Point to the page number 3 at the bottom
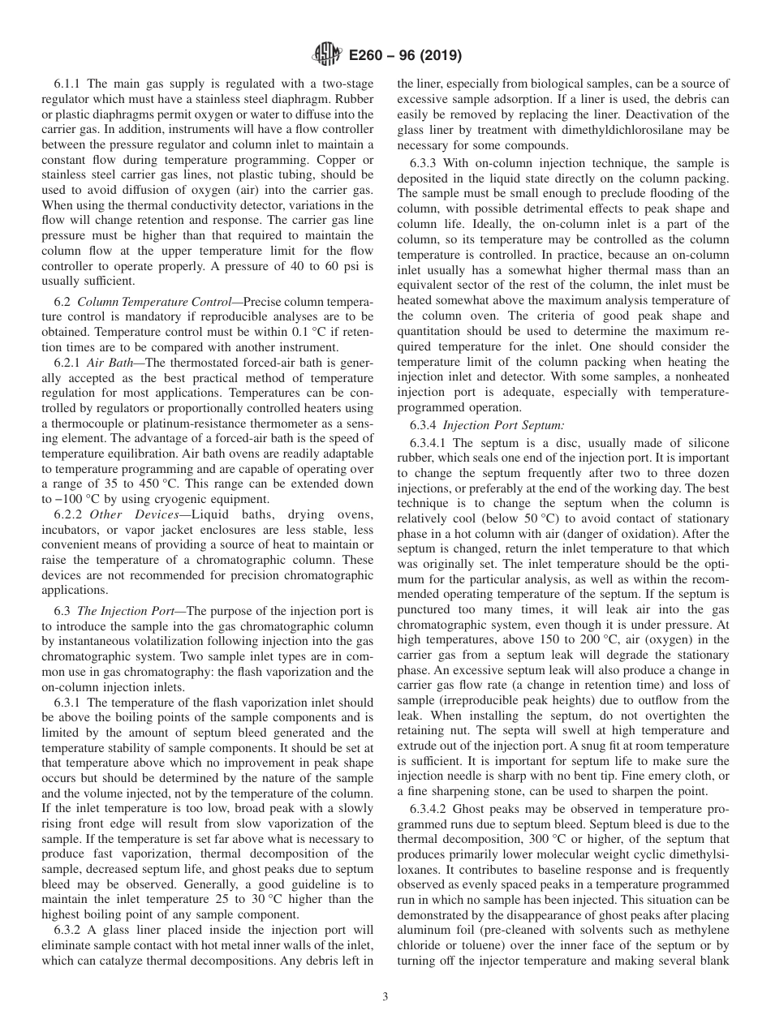[x=385, y=997]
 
